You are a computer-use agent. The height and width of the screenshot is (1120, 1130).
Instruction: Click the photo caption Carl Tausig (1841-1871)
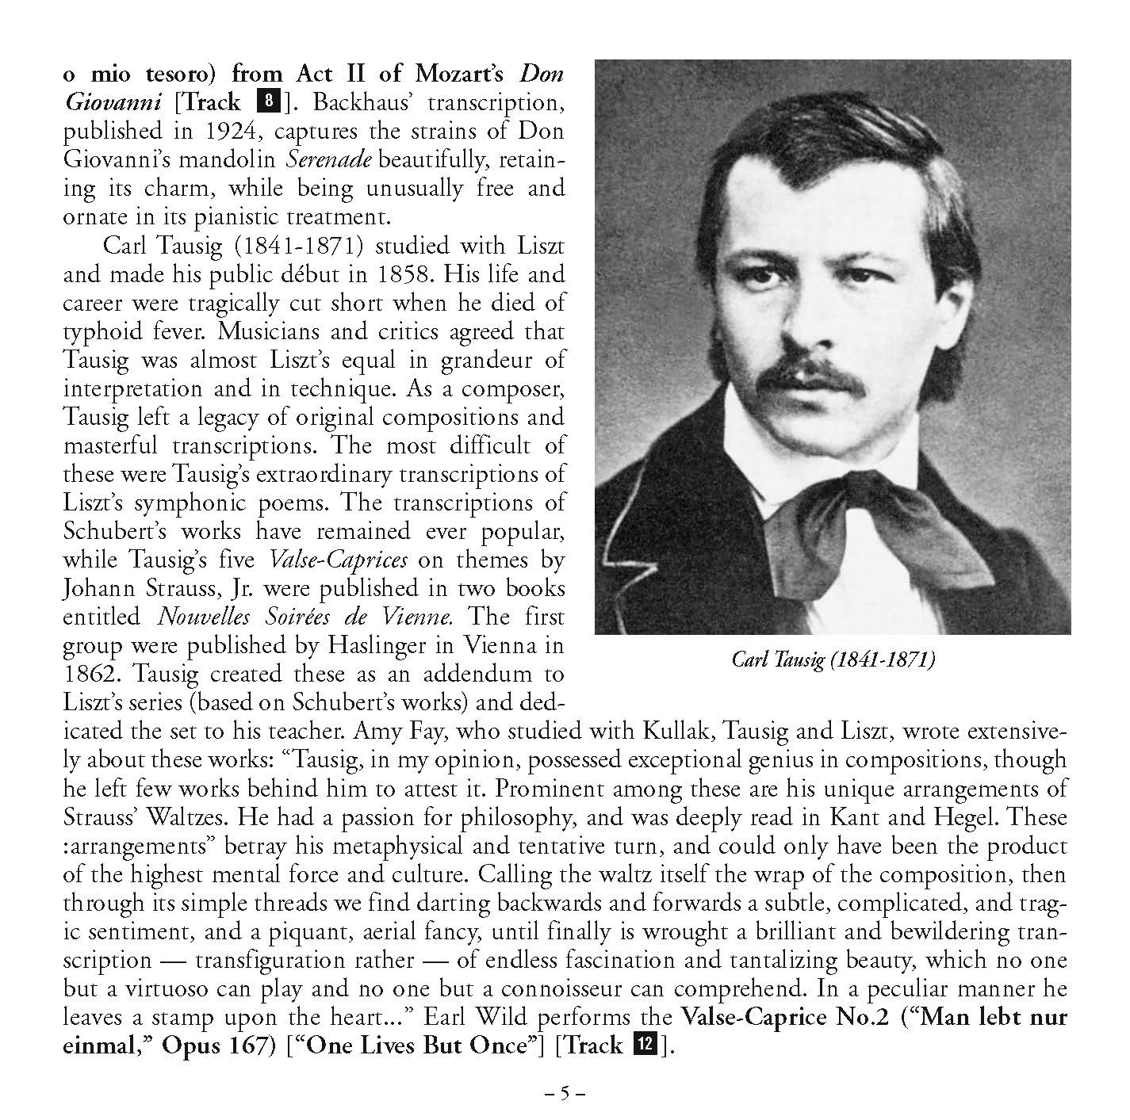833,659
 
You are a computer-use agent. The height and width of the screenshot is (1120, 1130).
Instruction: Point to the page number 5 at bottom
565,1094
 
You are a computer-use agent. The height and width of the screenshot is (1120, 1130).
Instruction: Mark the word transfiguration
304,960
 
